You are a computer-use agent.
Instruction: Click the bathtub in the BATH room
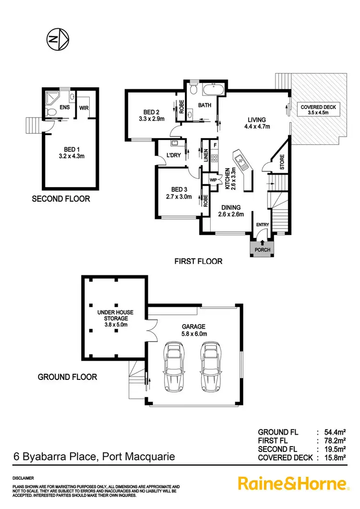(214, 90)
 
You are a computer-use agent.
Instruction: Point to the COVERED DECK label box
(318, 110)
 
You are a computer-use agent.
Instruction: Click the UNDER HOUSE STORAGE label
(115, 316)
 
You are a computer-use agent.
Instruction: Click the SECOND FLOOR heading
(60, 199)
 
